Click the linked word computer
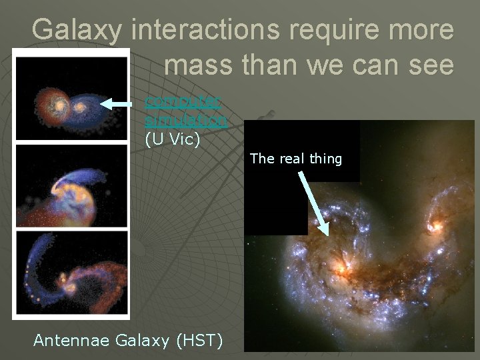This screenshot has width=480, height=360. [183, 102]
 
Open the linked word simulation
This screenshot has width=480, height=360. [186, 121]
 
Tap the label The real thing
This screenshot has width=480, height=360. [296, 159]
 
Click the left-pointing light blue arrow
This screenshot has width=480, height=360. [121, 103]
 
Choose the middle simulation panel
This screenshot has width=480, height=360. [71, 186]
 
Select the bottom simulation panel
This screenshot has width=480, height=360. [71, 273]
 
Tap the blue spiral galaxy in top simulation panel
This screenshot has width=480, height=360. [82, 106]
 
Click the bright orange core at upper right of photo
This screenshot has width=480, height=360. [437, 226]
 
